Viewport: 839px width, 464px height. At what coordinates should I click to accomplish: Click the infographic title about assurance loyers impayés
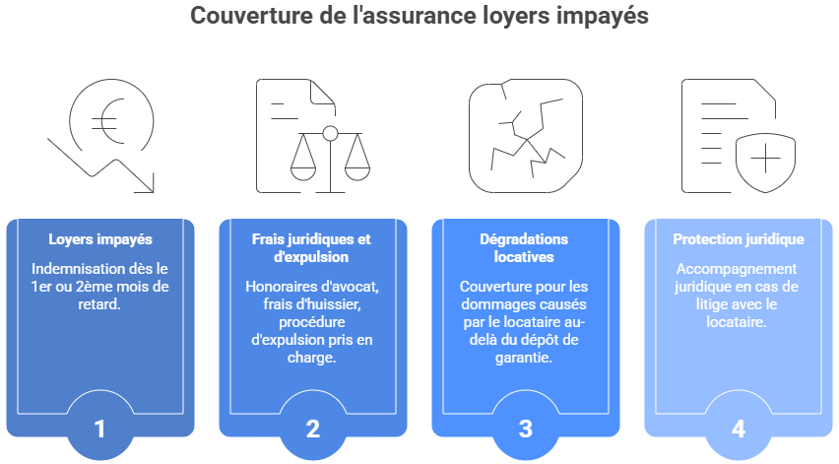(419, 17)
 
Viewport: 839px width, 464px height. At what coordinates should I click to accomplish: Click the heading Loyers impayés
(100, 239)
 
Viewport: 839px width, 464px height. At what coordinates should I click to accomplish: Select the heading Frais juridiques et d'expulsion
(313, 248)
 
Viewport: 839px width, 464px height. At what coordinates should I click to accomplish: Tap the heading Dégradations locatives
(526, 248)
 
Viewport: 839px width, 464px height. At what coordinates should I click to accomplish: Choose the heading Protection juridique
(739, 239)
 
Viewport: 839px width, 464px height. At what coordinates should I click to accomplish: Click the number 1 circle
(100, 430)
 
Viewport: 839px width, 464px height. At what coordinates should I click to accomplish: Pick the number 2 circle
(313, 430)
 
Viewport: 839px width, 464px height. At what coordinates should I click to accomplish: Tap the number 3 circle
(526, 430)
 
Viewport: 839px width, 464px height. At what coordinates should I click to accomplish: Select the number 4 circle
(739, 430)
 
